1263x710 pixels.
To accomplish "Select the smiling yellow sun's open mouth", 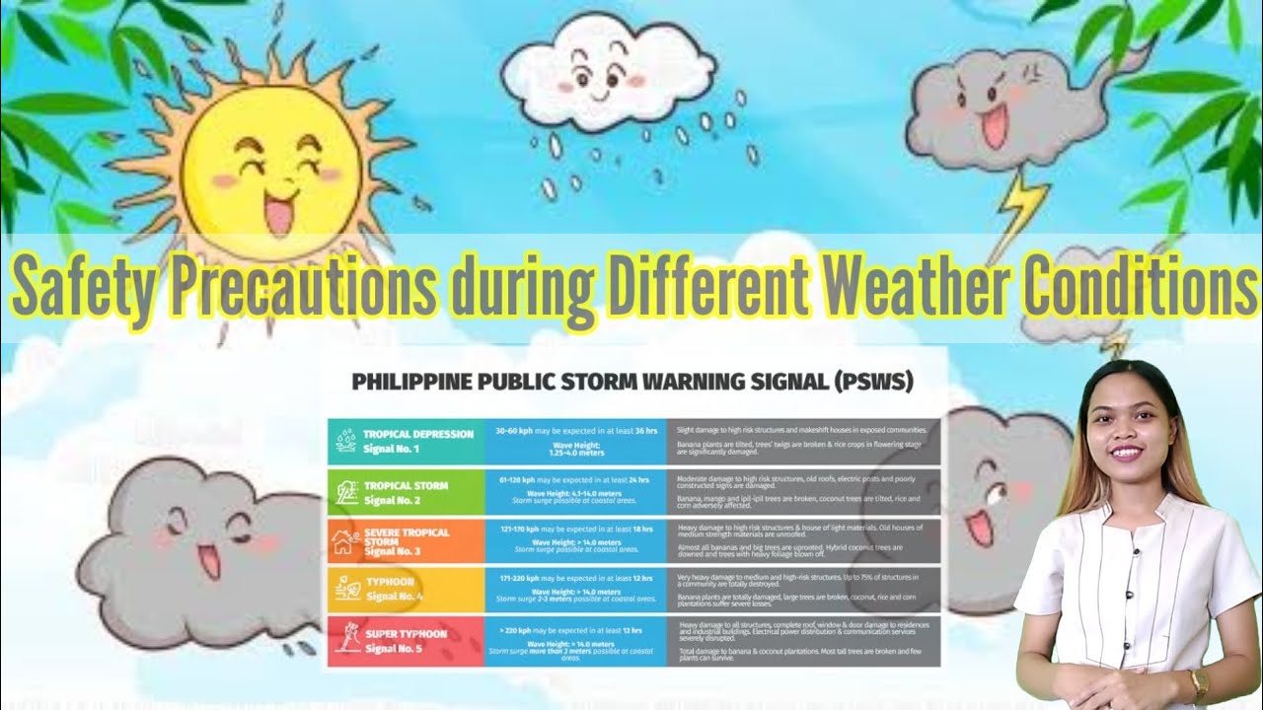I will pyautogui.click(x=279, y=213).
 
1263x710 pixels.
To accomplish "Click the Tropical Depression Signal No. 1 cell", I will pyautogui.click(x=406, y=441).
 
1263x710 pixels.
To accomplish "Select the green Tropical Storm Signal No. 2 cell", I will pyautogui.click(x=406, y=492).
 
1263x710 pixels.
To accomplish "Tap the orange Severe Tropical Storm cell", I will pyautogui.click(x=406, y=541).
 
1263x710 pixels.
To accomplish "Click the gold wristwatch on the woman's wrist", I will pyautogui.click(x=1198, y=682).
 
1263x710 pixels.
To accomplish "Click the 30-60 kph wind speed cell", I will pyautogui.click(x=575, y=441).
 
